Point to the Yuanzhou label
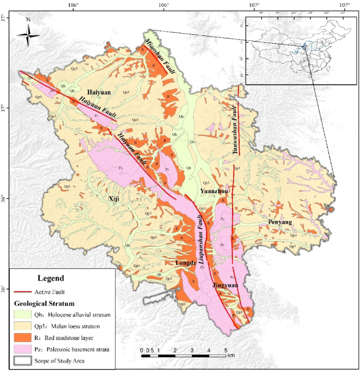coord(214,192)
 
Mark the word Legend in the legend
coord(51,278)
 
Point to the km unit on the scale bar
coord(231,356)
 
